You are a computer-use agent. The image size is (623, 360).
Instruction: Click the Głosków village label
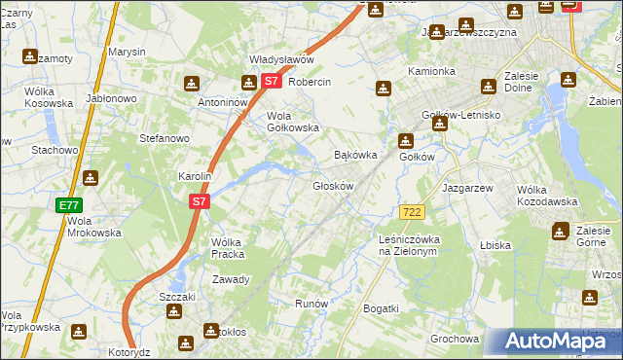332,185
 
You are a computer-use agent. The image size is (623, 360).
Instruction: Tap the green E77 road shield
68,205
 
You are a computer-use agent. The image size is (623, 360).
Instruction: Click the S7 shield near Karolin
199,201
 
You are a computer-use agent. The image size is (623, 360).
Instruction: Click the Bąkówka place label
354,155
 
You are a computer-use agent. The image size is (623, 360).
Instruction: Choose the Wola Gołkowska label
293,122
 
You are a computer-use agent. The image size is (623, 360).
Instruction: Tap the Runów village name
311,304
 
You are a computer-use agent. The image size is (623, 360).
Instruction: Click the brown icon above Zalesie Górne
560,231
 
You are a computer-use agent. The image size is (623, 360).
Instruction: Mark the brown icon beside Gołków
404,141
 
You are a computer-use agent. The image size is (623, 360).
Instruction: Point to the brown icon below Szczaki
174,311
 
